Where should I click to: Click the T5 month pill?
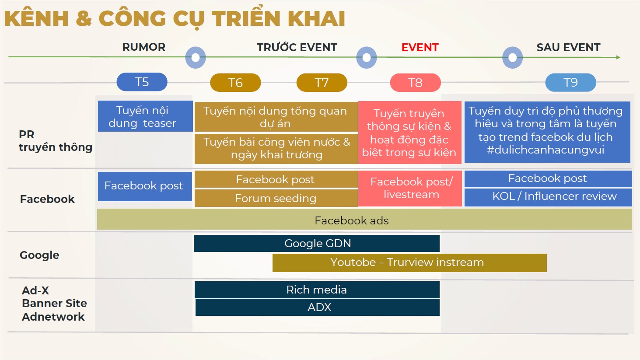click(x=142, y=82)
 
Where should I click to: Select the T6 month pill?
click(x=235, y=83)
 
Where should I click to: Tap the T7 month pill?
click(x=322, y=83)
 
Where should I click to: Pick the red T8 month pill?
click(x=416, y=83)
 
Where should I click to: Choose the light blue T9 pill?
click(x=570, y=83)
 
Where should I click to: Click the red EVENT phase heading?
click(x=420, y=47)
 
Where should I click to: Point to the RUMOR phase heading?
click(x=144, y=47)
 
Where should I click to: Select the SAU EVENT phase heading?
click(x=568, y=47)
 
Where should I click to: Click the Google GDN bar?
click(x=317, y=244)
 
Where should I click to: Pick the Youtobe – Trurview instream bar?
click(x=409, y=262)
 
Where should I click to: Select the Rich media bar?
click(x=317, y=290)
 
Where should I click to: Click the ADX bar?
click(x=318, y=308)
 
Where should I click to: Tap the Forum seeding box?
click(x=276, y=198)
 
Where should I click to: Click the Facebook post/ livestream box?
click(x=410, y=188)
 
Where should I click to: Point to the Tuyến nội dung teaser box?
click(x=145, y=116)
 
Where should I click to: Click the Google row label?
click(x=39, y=255)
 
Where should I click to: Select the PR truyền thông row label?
click(x=56, y=141)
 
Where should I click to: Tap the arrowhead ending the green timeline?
click(x=618, y=57)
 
